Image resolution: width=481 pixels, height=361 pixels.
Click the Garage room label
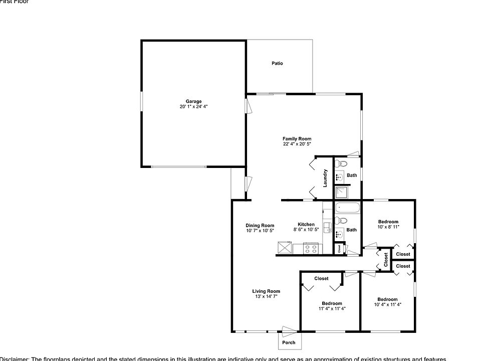click(x=193, y=101)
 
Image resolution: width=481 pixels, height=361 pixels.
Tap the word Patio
click(x=277, y=63)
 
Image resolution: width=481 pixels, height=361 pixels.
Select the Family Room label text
click(x=297, y=139)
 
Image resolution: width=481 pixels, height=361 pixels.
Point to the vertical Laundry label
click(x=325, y=178)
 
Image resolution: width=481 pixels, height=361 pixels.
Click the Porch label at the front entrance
click(x=289, y=343)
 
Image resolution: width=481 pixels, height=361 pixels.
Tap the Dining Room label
click(x=260, y=226)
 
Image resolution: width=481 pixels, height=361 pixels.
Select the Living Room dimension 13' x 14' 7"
click(x=266, y=296)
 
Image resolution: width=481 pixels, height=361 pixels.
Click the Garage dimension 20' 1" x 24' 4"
click(x=193, y=106)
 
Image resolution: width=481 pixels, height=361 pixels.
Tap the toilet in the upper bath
click(x=341, y=163)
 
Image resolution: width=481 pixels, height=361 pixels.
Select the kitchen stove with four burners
click(x=311, y=247)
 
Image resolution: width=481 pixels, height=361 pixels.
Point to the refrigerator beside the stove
click(x=286, y=247)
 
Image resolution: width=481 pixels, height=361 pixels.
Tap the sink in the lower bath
click(x=340, y=233)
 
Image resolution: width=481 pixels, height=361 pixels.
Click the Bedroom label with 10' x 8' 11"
click(x=388, y=222)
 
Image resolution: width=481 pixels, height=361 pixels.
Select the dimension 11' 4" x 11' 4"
click(x=332, y=308)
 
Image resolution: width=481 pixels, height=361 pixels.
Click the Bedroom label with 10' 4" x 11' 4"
click(x=387, y=299)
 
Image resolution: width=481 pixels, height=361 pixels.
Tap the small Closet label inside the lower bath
click(x=340, y=248)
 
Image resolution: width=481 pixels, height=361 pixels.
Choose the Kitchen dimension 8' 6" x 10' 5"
click(x=306, y=230)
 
